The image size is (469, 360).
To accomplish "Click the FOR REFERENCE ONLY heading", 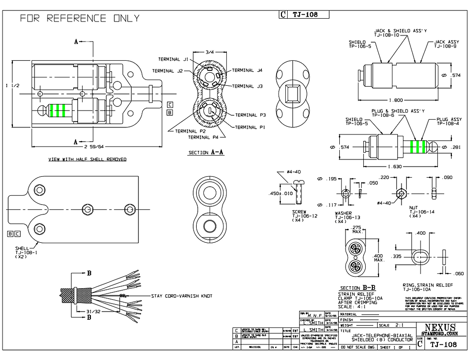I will click(x=80, y=19).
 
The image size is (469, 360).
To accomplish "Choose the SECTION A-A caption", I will click(x=206, y=152).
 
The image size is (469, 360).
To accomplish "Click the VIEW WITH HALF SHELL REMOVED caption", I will click(x=88, y=159).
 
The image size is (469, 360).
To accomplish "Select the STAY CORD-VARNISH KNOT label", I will click(x=181, y=296).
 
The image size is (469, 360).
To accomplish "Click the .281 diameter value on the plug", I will click(x=457, y=147).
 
